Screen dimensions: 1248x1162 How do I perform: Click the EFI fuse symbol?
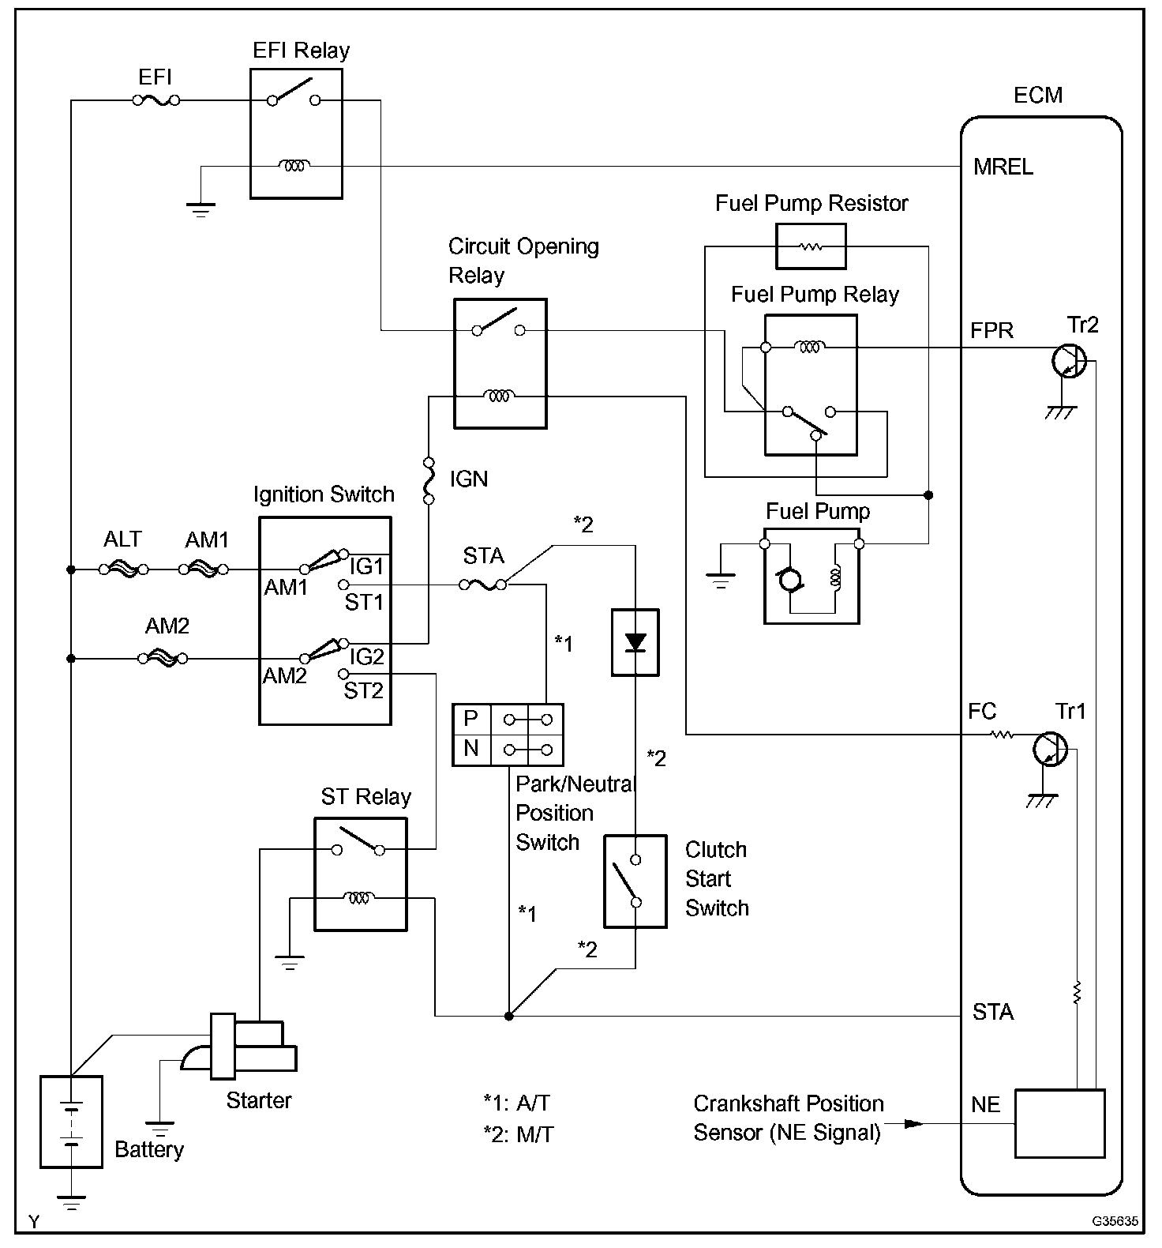tap(156, 100)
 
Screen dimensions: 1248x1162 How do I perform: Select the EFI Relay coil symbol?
tap(295, 166)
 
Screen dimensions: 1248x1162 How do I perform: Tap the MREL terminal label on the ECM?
tap(1003, 167)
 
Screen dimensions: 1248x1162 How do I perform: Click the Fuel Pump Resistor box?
tap(811, 246)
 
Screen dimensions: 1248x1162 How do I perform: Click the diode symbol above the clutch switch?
tap(635, 642)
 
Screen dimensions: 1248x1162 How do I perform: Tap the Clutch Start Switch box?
tap(635, 880)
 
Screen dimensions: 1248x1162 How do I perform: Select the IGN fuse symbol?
tap(429, 479)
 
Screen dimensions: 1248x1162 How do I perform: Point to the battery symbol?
tap(71, 1121)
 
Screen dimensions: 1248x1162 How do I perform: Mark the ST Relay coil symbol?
tap(359, 897)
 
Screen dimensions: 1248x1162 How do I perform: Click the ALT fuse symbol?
tap(124, 569)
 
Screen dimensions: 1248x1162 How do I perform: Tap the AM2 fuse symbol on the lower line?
tap(163, 657)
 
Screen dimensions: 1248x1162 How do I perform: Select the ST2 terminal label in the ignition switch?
tap(363, 691)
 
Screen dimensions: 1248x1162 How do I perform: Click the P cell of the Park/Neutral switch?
tap(471, 718)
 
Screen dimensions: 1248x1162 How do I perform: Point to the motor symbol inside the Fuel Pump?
tap(789, 581)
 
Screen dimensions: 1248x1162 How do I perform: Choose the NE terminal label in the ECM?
tap(985, 1104)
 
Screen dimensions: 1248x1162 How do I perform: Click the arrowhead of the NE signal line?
tap(913, 1122)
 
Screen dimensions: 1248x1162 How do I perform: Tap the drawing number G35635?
tap(1115, 1221)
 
